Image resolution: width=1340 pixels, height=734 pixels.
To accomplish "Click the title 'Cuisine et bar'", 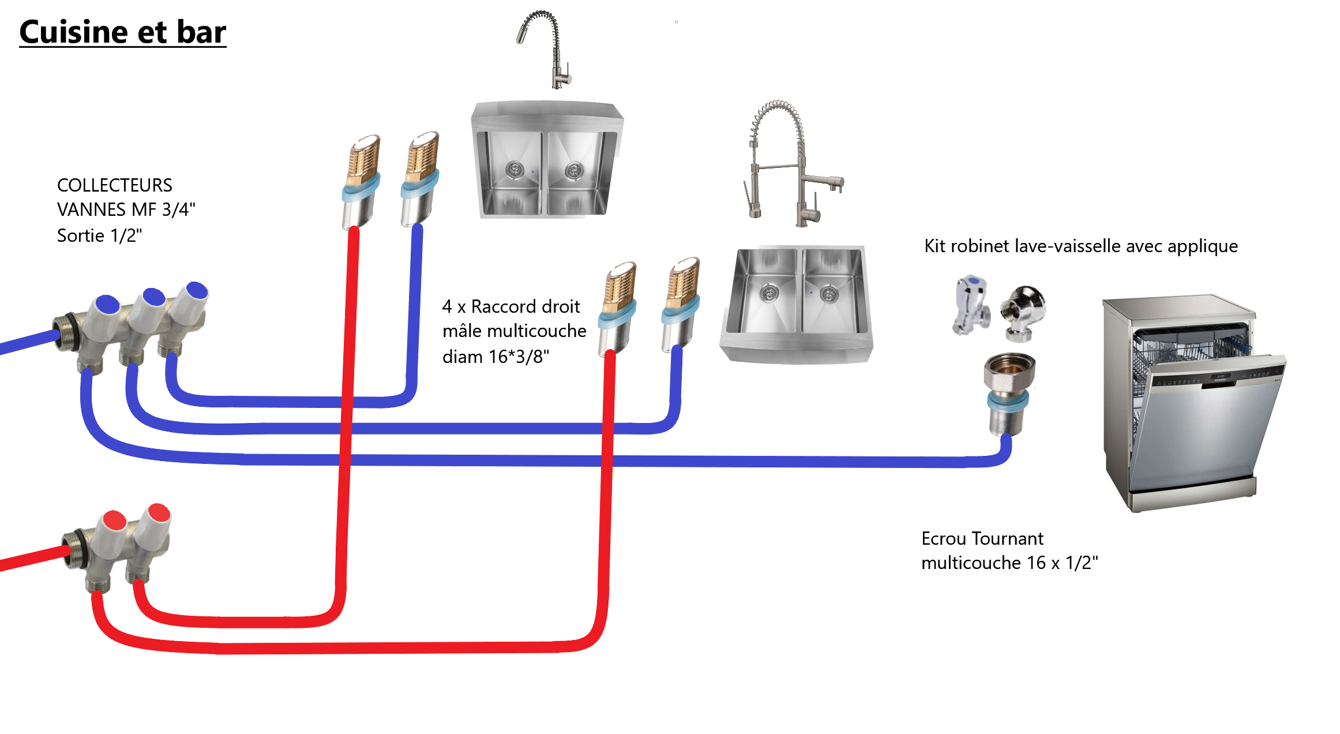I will [x=122, y=32].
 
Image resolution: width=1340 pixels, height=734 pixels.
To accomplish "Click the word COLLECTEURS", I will [x=114, y=185].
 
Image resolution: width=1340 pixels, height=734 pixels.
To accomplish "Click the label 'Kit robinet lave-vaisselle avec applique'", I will [x=1080, y=246].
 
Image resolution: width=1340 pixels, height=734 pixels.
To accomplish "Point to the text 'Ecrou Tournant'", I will [x=982, y=538].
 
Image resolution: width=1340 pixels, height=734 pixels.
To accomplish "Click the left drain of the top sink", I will [x=514, y=169].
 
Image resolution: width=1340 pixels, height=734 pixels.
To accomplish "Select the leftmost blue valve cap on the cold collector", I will [x=107, y=304].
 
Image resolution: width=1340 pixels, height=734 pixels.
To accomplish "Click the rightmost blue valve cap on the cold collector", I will [x=197, y=290].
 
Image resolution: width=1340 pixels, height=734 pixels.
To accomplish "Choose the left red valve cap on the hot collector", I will [x=115, y=520].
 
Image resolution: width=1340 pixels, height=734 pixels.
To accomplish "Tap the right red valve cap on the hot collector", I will [x=159, y=512].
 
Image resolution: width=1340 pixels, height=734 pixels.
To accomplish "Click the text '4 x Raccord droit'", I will [x=511, y=306].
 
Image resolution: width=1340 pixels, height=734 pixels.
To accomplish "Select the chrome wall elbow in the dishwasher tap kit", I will [x=1024, y=312].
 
